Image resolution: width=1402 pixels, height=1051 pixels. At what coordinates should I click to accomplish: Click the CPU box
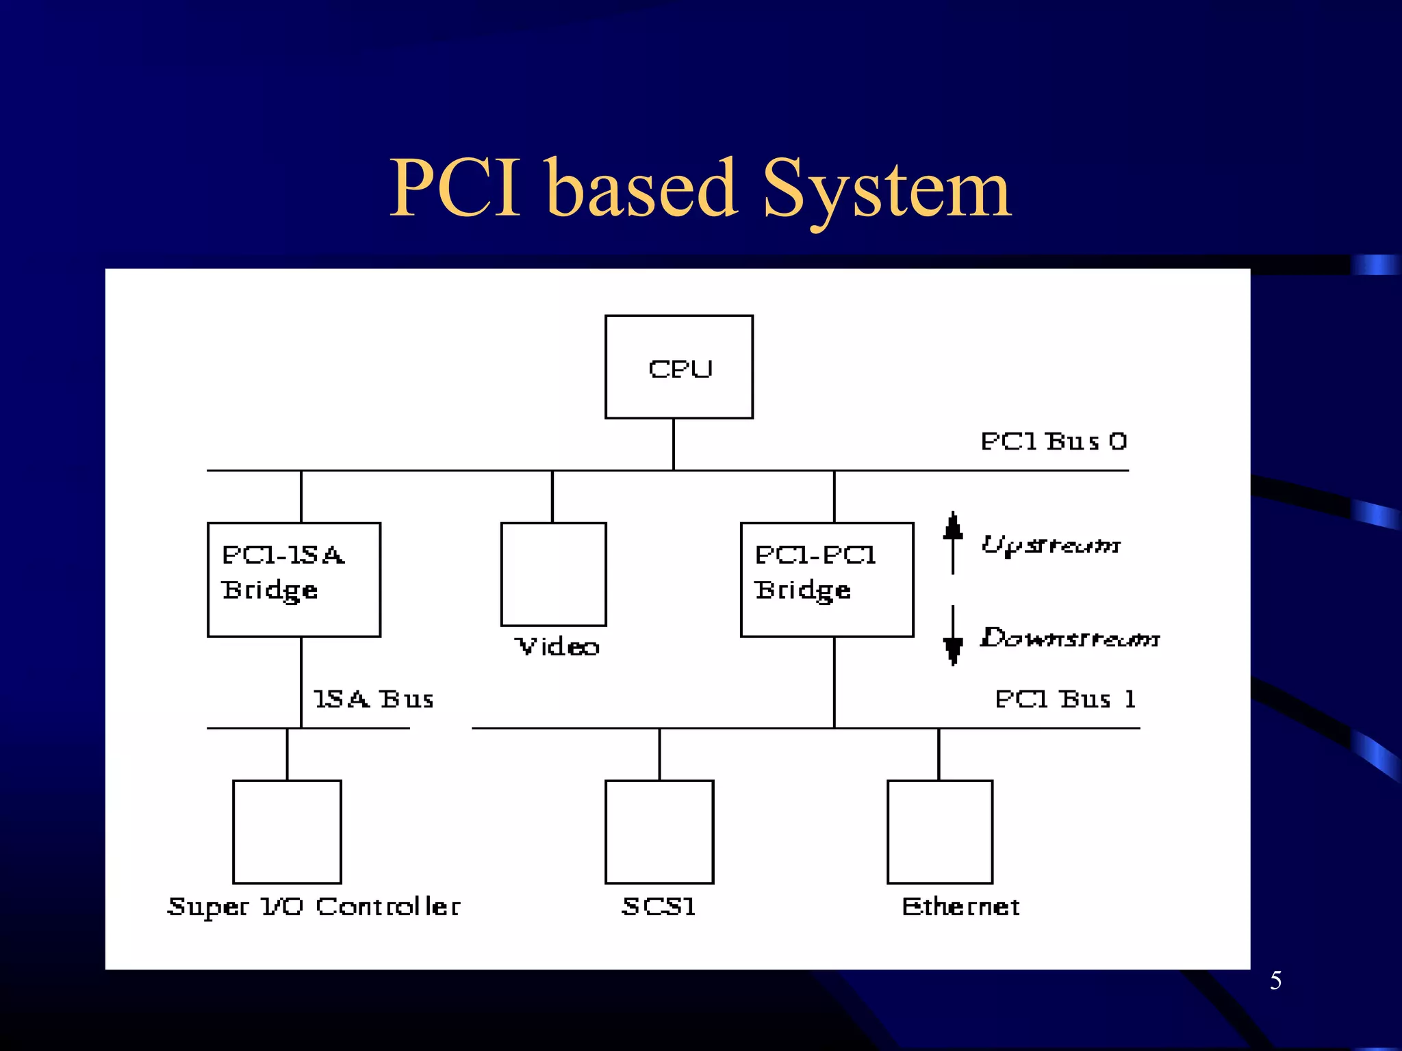tap(678, 367)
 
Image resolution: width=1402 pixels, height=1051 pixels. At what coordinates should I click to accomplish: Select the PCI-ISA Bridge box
tap(294, 580)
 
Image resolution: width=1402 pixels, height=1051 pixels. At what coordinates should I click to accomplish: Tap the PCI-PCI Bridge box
tap(827, 580)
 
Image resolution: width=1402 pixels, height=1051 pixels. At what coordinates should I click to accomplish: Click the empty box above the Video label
tap(553, 574)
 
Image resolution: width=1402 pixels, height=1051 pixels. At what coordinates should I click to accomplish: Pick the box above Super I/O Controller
tap(287, 831)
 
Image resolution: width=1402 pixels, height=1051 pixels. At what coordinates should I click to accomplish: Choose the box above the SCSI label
tap(659, 831)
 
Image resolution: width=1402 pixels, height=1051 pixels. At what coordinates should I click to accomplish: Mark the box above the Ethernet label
tap(940, 831)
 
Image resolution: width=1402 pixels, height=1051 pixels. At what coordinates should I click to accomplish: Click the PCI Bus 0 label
tap(1054, 441)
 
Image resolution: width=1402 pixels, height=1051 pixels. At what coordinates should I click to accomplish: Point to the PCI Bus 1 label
tap(1065, 699)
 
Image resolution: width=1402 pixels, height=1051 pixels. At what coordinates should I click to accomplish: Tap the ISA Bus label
tap(373, 699)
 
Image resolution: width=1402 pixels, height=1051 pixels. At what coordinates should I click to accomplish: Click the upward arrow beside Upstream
tap(953, 542)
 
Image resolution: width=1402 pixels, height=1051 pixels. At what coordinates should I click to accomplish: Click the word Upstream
tap(1051, 545)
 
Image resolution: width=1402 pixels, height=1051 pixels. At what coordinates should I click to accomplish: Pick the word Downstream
tap(1069, 638)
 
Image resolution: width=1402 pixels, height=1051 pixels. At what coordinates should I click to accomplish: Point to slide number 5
tap(1275, 981)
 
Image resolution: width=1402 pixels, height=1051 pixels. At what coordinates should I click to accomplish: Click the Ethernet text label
tap(960, 907)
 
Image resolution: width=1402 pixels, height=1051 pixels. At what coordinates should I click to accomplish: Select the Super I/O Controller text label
tap(314, 907)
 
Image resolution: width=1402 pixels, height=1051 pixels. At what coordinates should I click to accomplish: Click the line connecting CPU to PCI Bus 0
tap(674, 444)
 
